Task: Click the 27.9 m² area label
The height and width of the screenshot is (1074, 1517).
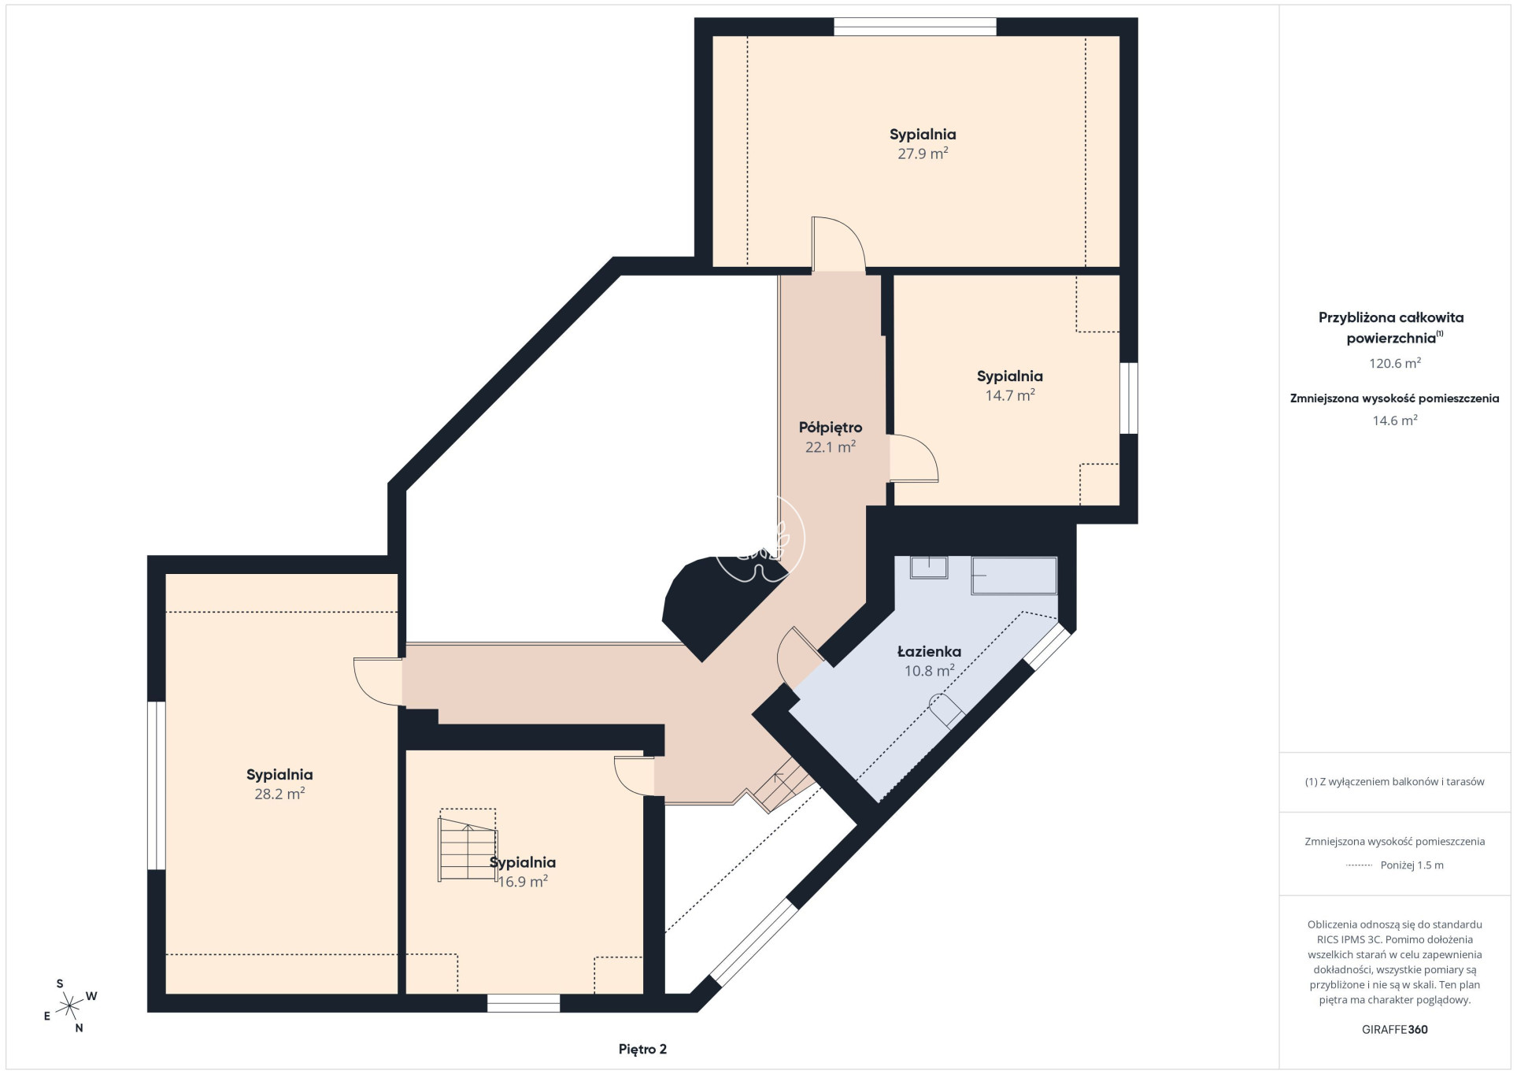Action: coord(923,154)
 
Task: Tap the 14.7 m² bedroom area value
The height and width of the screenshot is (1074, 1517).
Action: coord(1010,395)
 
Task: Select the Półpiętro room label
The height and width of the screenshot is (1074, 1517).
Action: coord(831,428)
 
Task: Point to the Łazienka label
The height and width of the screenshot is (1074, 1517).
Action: coord(929,651)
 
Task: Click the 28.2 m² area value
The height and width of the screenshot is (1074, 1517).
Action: coord(279,794)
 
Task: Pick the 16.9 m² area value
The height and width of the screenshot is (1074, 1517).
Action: coord(523,882)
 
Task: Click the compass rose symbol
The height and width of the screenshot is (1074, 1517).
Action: coord(71,1005)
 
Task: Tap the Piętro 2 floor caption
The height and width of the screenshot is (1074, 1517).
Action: coord(642,1049)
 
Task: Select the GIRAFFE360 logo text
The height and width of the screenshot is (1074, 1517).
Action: coord(1394,1029)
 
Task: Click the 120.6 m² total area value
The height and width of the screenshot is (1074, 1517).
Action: coord(1395,363)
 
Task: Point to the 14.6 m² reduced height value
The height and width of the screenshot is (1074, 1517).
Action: coord(1395,420)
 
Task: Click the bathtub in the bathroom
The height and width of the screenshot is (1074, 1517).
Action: coord(1014,576)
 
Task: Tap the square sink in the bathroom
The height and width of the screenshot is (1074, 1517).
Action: coord(929,567)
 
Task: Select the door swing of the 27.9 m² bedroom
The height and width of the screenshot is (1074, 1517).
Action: coord(839,243)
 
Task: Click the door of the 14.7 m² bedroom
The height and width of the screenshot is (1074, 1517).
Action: coord(914,458)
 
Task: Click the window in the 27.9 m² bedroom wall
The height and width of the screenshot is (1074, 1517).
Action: coord(915,27)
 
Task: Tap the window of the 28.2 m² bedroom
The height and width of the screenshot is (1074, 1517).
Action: coord(157,786)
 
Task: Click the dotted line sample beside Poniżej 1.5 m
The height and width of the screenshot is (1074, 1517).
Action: coord(1360,865)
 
